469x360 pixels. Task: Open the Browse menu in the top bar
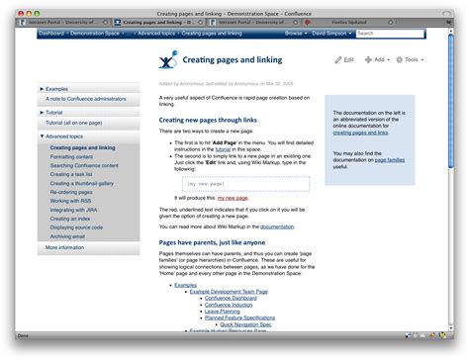[x=295, y=34]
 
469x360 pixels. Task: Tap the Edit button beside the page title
[x=343, y=60]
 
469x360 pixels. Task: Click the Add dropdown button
[x=375, y=60]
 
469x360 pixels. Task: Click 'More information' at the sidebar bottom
[x=65, y=248]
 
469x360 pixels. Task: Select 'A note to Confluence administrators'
[x=85, y=99]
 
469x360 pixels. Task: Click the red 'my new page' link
[x=233, y=198]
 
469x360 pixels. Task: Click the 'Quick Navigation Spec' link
[x=246, y=323]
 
